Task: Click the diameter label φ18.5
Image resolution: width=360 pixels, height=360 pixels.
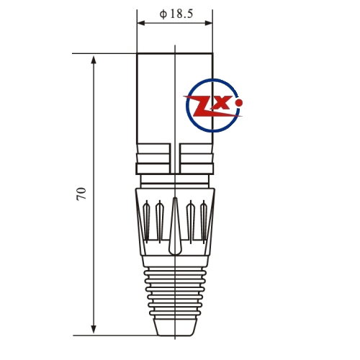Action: (176, 14)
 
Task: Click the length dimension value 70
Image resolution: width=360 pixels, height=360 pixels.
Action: (81, 194)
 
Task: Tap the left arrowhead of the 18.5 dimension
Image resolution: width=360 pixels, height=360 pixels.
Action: (141, 23)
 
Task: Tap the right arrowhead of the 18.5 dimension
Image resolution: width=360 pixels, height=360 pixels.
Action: (208, 23)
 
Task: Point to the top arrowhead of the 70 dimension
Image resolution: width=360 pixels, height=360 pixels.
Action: (94, 60)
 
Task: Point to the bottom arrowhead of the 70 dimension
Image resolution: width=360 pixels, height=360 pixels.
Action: (94, 329)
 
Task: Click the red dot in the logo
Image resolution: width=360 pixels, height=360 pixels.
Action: (239, 103)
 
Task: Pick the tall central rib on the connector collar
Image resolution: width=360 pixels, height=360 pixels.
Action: (175, 226)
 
